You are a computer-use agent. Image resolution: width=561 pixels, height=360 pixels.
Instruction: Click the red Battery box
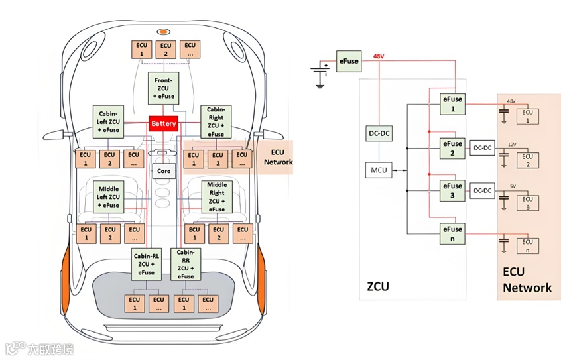tap(163, 124)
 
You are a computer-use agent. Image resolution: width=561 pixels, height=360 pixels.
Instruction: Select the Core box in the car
tap(163, 171)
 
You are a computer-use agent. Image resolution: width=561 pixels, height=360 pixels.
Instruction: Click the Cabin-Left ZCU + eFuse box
tap(108, 121)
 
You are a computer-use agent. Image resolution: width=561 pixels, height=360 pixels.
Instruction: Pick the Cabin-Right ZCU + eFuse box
tap(216, 121)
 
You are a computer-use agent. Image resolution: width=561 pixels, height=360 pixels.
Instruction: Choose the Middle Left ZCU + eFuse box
tap(108, 196)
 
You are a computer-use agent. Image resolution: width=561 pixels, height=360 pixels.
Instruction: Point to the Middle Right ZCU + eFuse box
tap(216, 196)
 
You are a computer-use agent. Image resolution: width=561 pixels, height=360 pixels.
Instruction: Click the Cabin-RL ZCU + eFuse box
tap(147, 263)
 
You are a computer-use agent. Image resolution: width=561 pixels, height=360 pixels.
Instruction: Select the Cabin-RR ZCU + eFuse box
tap(186, 263)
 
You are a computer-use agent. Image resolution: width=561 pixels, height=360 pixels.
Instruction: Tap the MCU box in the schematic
tap(378, 170)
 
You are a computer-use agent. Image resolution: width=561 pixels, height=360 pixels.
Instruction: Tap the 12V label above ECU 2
tap(511, 145)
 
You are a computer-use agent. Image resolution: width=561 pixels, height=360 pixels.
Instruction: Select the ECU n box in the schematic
tap(527, 247)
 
